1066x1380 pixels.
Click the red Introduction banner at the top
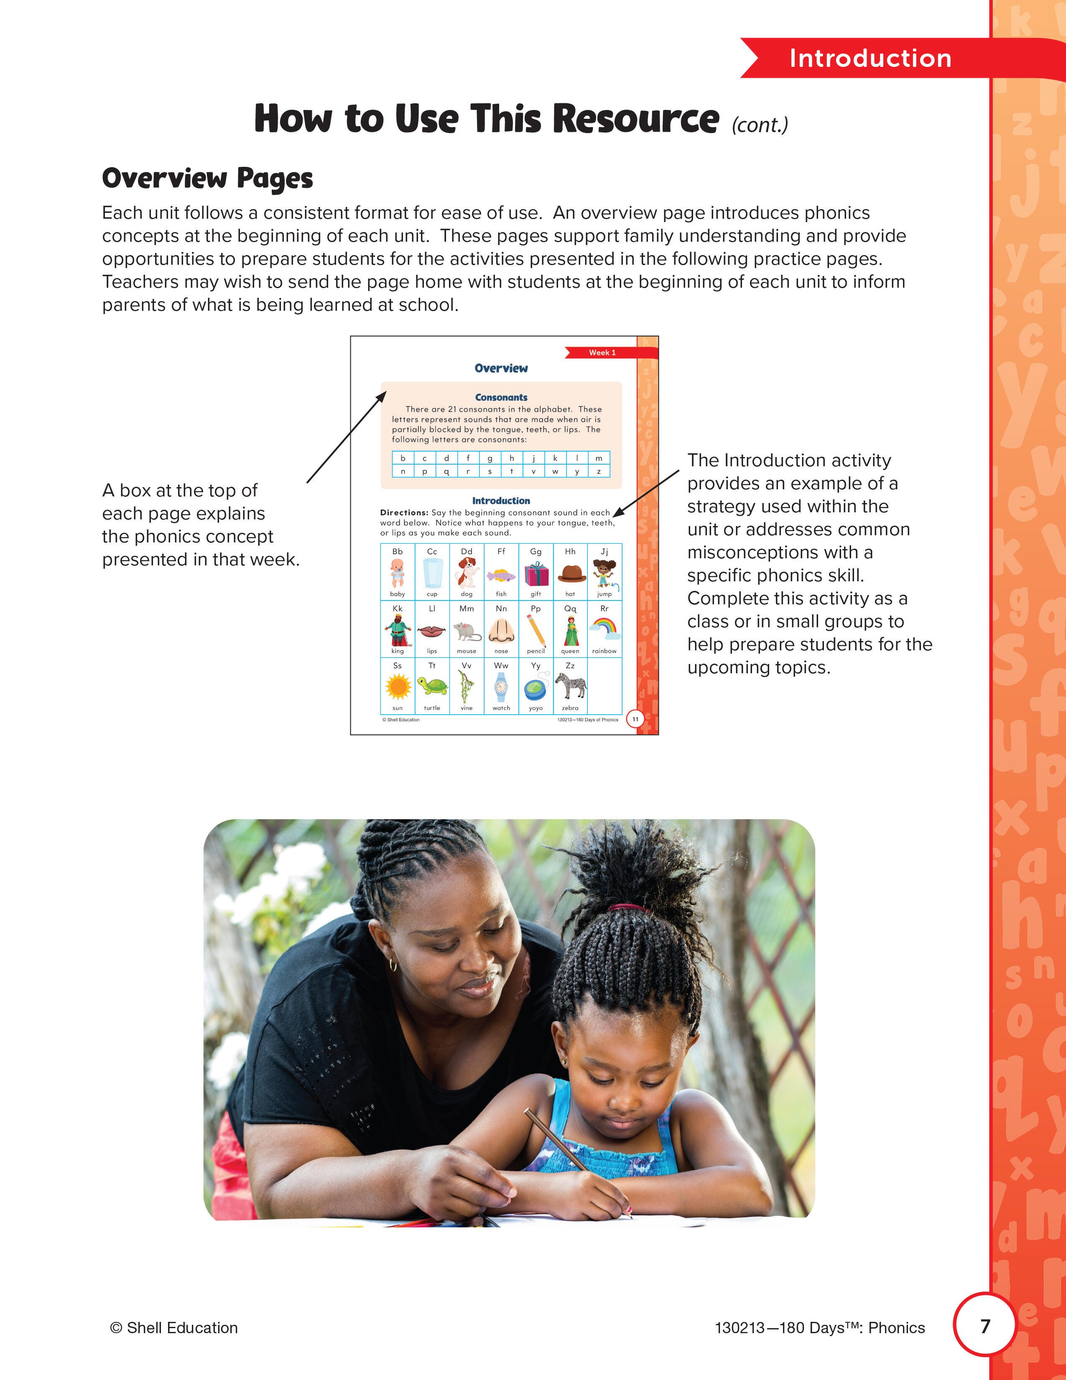[870, 58]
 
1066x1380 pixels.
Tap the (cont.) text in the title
[760, 125]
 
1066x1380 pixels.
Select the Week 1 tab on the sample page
[602, 353]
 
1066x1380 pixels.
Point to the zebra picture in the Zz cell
[570, 685]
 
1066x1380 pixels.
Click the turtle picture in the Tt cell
[432, 686]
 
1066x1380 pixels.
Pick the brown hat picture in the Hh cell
[570, 572]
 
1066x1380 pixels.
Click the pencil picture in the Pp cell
[536, 629]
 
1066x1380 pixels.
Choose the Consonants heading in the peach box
[501, 397]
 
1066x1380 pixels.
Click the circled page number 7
[984, 1326]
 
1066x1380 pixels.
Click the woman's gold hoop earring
[393, 965]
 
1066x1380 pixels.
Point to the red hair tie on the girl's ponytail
[628, 908]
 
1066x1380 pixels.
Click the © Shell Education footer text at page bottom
[173, 1328]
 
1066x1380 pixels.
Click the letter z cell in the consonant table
[599, 471]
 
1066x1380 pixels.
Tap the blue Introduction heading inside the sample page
[501, 501]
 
